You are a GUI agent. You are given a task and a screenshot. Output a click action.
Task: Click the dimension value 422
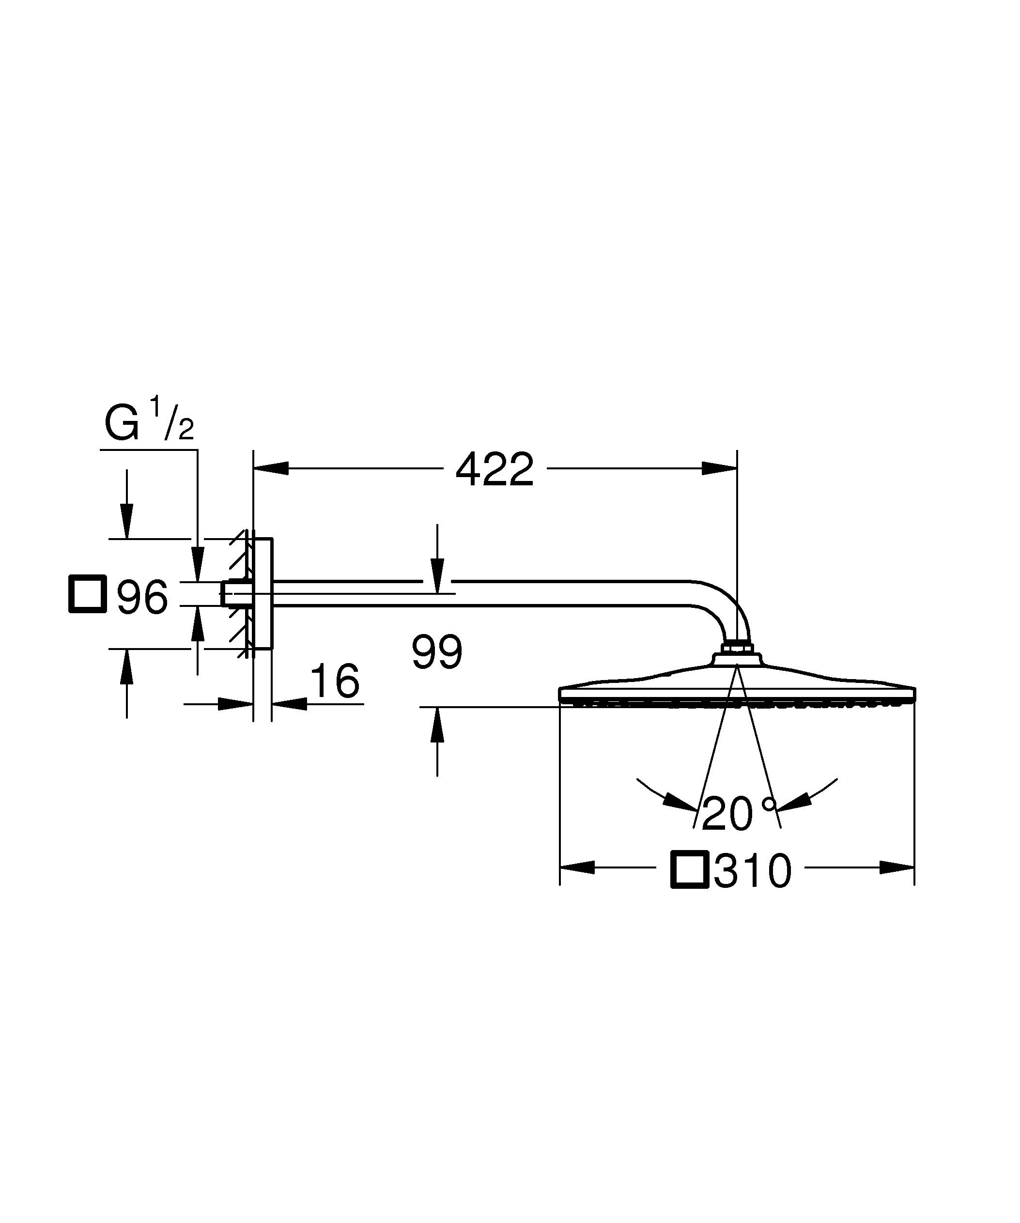[495, 470]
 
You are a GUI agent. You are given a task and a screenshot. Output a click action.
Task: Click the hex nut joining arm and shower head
[737, 647]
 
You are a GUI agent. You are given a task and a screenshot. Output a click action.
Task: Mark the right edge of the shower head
[914, 694]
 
